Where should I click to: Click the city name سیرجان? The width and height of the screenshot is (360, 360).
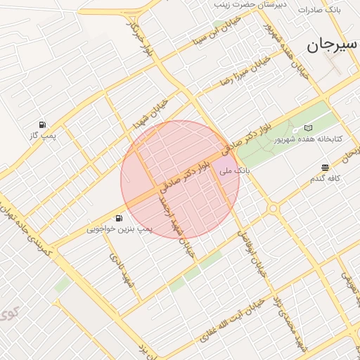pos(328,46)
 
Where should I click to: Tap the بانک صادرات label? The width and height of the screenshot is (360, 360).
pos(319,11)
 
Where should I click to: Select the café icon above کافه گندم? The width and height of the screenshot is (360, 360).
pos(325,167)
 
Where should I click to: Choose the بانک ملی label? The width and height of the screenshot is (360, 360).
pos(234,170)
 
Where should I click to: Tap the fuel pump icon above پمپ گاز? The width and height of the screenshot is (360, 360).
pos(44,124)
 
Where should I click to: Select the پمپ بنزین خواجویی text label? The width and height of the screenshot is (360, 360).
pos(119,229)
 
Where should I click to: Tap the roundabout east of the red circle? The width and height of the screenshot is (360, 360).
pos(272,209)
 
